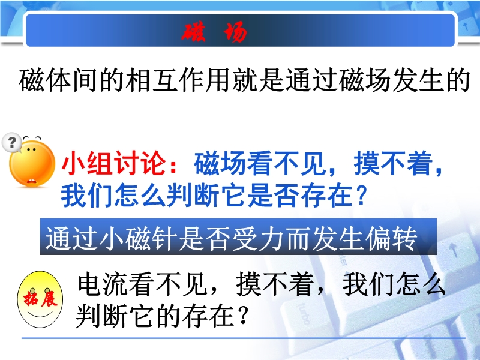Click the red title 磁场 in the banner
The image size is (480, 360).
214,32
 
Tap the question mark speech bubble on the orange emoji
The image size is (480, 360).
11,142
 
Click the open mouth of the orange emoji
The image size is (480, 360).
31,182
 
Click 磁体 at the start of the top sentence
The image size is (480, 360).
46,80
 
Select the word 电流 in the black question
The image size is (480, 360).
103,284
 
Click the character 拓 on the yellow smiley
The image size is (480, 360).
31,298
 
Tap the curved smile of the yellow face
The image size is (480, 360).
40,314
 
